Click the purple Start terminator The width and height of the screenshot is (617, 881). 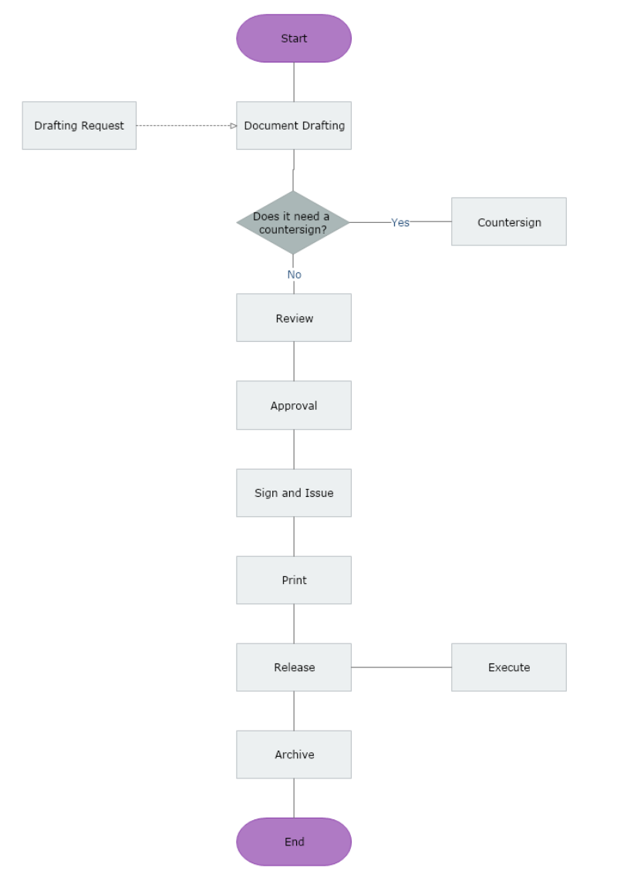tap(294, 39)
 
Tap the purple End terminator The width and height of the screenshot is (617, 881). tap(294, 842)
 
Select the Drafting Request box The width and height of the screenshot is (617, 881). tap(79, 126)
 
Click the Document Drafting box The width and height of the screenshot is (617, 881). tap(294, 126)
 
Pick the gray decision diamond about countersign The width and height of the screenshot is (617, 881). tap(293, 222)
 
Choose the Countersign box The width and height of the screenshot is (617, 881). tap(509, 222)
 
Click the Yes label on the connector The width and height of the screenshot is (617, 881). tap(400, 222)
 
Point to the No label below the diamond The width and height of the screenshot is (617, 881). tap(294, 275)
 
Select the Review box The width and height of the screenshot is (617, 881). tap(294, 318)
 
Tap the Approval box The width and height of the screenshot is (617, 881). tap(294, 405)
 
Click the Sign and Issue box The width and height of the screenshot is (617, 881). tap(294, 493)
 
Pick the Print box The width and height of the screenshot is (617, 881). tap(294, 580)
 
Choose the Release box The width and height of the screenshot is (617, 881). tap(294, 667)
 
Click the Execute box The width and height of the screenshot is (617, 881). tap(509, 667)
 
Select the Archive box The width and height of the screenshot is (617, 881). tap(294, 754)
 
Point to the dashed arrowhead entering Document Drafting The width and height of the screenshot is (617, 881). tap(233, 126)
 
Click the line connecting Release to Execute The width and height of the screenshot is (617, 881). tap(401, 667)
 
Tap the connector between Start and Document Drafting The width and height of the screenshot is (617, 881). tap(294, 82)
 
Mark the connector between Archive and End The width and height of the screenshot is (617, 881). tap(294, 798)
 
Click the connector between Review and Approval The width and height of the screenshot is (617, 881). tap(294, 361)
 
